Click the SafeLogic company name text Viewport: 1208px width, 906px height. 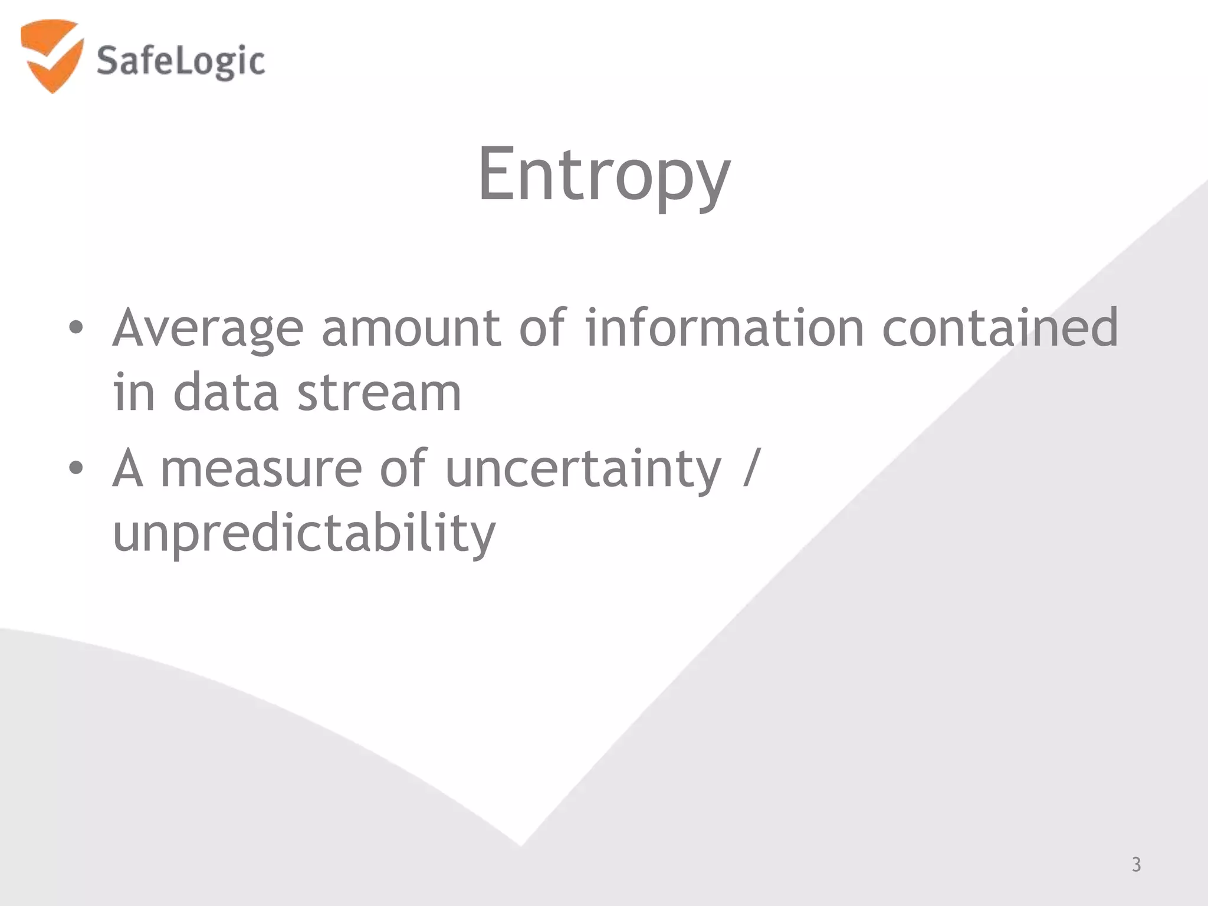(180, 62)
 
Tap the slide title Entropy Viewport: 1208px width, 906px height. (603, 175)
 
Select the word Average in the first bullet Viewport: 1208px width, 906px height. (208, 329)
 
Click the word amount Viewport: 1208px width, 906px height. (411, 329)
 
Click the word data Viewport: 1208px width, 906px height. (225, 392)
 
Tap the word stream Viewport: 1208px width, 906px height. (379, 393)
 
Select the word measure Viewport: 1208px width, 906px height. (261, 469)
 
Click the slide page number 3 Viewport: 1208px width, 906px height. (1136, 865)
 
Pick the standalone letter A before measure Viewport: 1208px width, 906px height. (127, 469)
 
